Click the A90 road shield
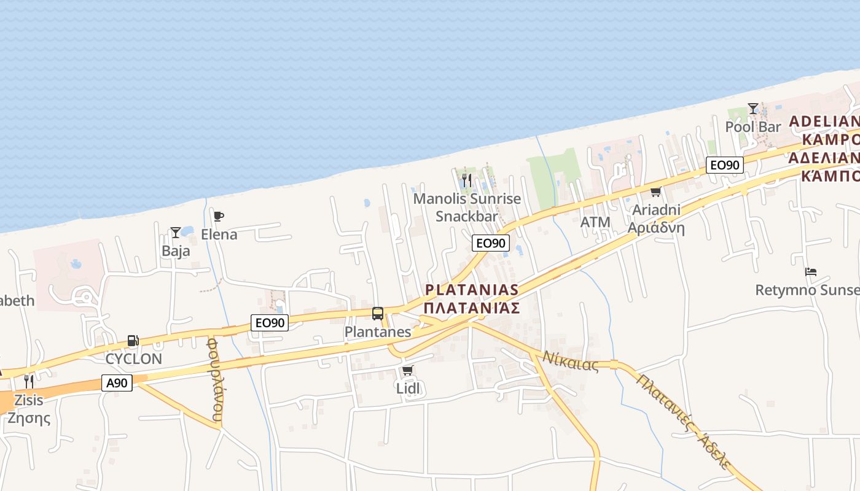point(117,384)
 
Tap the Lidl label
point(408,388)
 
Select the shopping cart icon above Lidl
point(407,370)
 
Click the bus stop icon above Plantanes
point(378,314)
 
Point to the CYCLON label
point(134,359)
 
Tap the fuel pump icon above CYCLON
point(133,341)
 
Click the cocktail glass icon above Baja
point(176,233)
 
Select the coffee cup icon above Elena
point(218,216)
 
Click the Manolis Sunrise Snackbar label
point(467,207)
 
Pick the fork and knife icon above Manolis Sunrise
point(467,180)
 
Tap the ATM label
point(595,222)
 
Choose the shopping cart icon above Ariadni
point(655,192)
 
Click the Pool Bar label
point(753,127)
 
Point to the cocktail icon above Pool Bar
point(753,109)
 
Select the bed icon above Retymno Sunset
point(811,271)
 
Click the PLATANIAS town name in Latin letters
point(472,290)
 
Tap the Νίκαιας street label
point(570,361)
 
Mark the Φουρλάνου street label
point(214,379)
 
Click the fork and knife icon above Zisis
point(28,382)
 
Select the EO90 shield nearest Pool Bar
point(724,164)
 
